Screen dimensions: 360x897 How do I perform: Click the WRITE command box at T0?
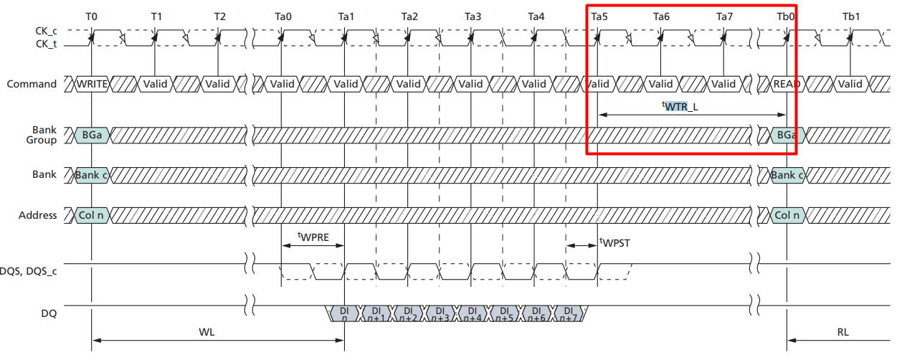(92, 84)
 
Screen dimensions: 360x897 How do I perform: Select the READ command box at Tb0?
(787, 84)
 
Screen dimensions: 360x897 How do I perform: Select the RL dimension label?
(843, 333)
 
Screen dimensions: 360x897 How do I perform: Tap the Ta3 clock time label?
(473, 16)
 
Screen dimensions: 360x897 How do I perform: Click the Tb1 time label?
(850, 16)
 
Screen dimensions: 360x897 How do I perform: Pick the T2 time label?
(219, 16)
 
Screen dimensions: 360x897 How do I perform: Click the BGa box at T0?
(92, 135)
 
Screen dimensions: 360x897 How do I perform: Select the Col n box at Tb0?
(787, 215)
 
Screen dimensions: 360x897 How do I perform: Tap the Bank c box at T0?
(92, 175)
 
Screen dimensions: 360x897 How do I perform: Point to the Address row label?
(37, 215)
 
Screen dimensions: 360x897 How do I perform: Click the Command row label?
(32, 84)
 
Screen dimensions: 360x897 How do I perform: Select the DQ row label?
(48, 313)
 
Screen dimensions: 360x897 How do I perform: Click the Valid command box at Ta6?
(660, 84)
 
